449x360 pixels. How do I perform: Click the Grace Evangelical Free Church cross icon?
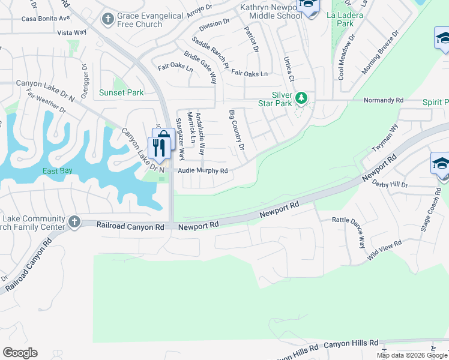pos(107,19)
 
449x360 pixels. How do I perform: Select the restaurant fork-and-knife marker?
pos(159,148)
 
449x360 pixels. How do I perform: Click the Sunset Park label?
pos(122,92)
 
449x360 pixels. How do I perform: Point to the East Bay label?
pos(58,171)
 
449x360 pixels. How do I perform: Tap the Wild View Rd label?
pos(384,251)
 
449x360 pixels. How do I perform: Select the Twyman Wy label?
pos(386,139)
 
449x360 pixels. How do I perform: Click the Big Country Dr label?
pos(237,130)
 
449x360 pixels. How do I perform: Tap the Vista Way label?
pos(71,33)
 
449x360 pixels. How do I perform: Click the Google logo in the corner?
pos(20,352)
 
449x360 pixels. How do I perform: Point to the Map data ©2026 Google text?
pos(411,355)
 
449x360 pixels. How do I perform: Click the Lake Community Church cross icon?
pos(74,222)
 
